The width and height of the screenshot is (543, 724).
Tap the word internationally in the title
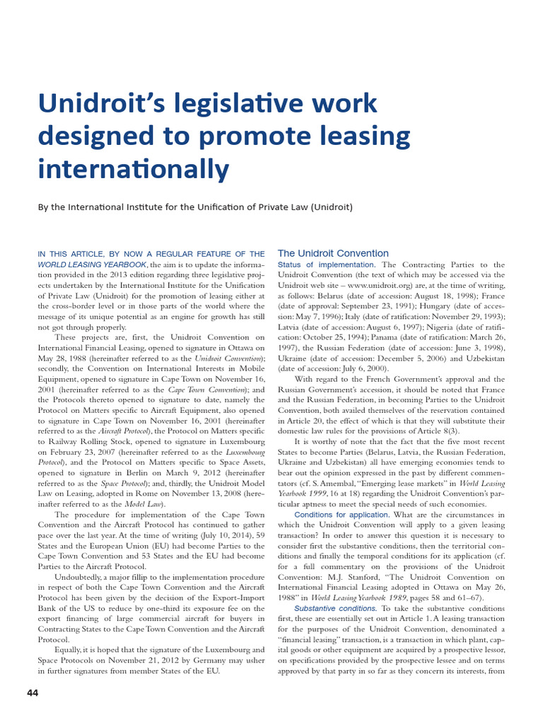point(134,169)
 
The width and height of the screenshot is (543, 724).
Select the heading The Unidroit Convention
point(333,253)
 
